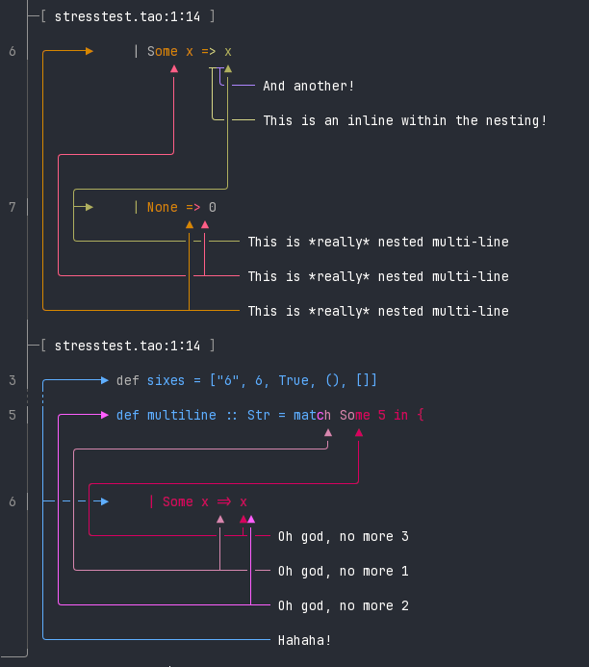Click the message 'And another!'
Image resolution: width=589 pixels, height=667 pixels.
point(308,86)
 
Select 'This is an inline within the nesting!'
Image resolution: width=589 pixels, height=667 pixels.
point(404,120)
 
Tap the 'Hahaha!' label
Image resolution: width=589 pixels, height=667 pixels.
point(304,640)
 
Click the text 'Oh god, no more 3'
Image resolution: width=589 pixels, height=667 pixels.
point(343,536)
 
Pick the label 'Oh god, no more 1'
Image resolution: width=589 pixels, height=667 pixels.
point(343,571)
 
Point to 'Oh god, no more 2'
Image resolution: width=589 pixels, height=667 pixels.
point(343,605)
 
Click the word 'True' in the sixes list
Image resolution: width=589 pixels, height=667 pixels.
point(294,380)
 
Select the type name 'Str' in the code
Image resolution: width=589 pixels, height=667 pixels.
point(258,415)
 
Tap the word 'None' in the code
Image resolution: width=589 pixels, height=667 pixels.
point(163,207)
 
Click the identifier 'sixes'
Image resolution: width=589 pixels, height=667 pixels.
point(166,380)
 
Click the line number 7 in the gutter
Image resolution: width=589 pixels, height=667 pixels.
point(13,207)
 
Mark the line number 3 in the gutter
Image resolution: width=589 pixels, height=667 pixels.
point(13,380)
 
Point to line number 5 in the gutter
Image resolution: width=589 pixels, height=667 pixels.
point(13,415)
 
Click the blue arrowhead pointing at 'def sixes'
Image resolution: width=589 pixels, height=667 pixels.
point(105,380)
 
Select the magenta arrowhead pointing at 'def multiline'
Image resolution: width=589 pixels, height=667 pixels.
point(105,415)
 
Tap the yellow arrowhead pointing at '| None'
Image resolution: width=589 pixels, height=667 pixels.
point(90,207)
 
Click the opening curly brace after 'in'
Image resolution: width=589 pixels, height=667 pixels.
point(421,415)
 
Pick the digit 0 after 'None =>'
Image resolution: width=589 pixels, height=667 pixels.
point(213,207)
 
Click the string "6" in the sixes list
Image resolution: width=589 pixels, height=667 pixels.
point(227,380)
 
